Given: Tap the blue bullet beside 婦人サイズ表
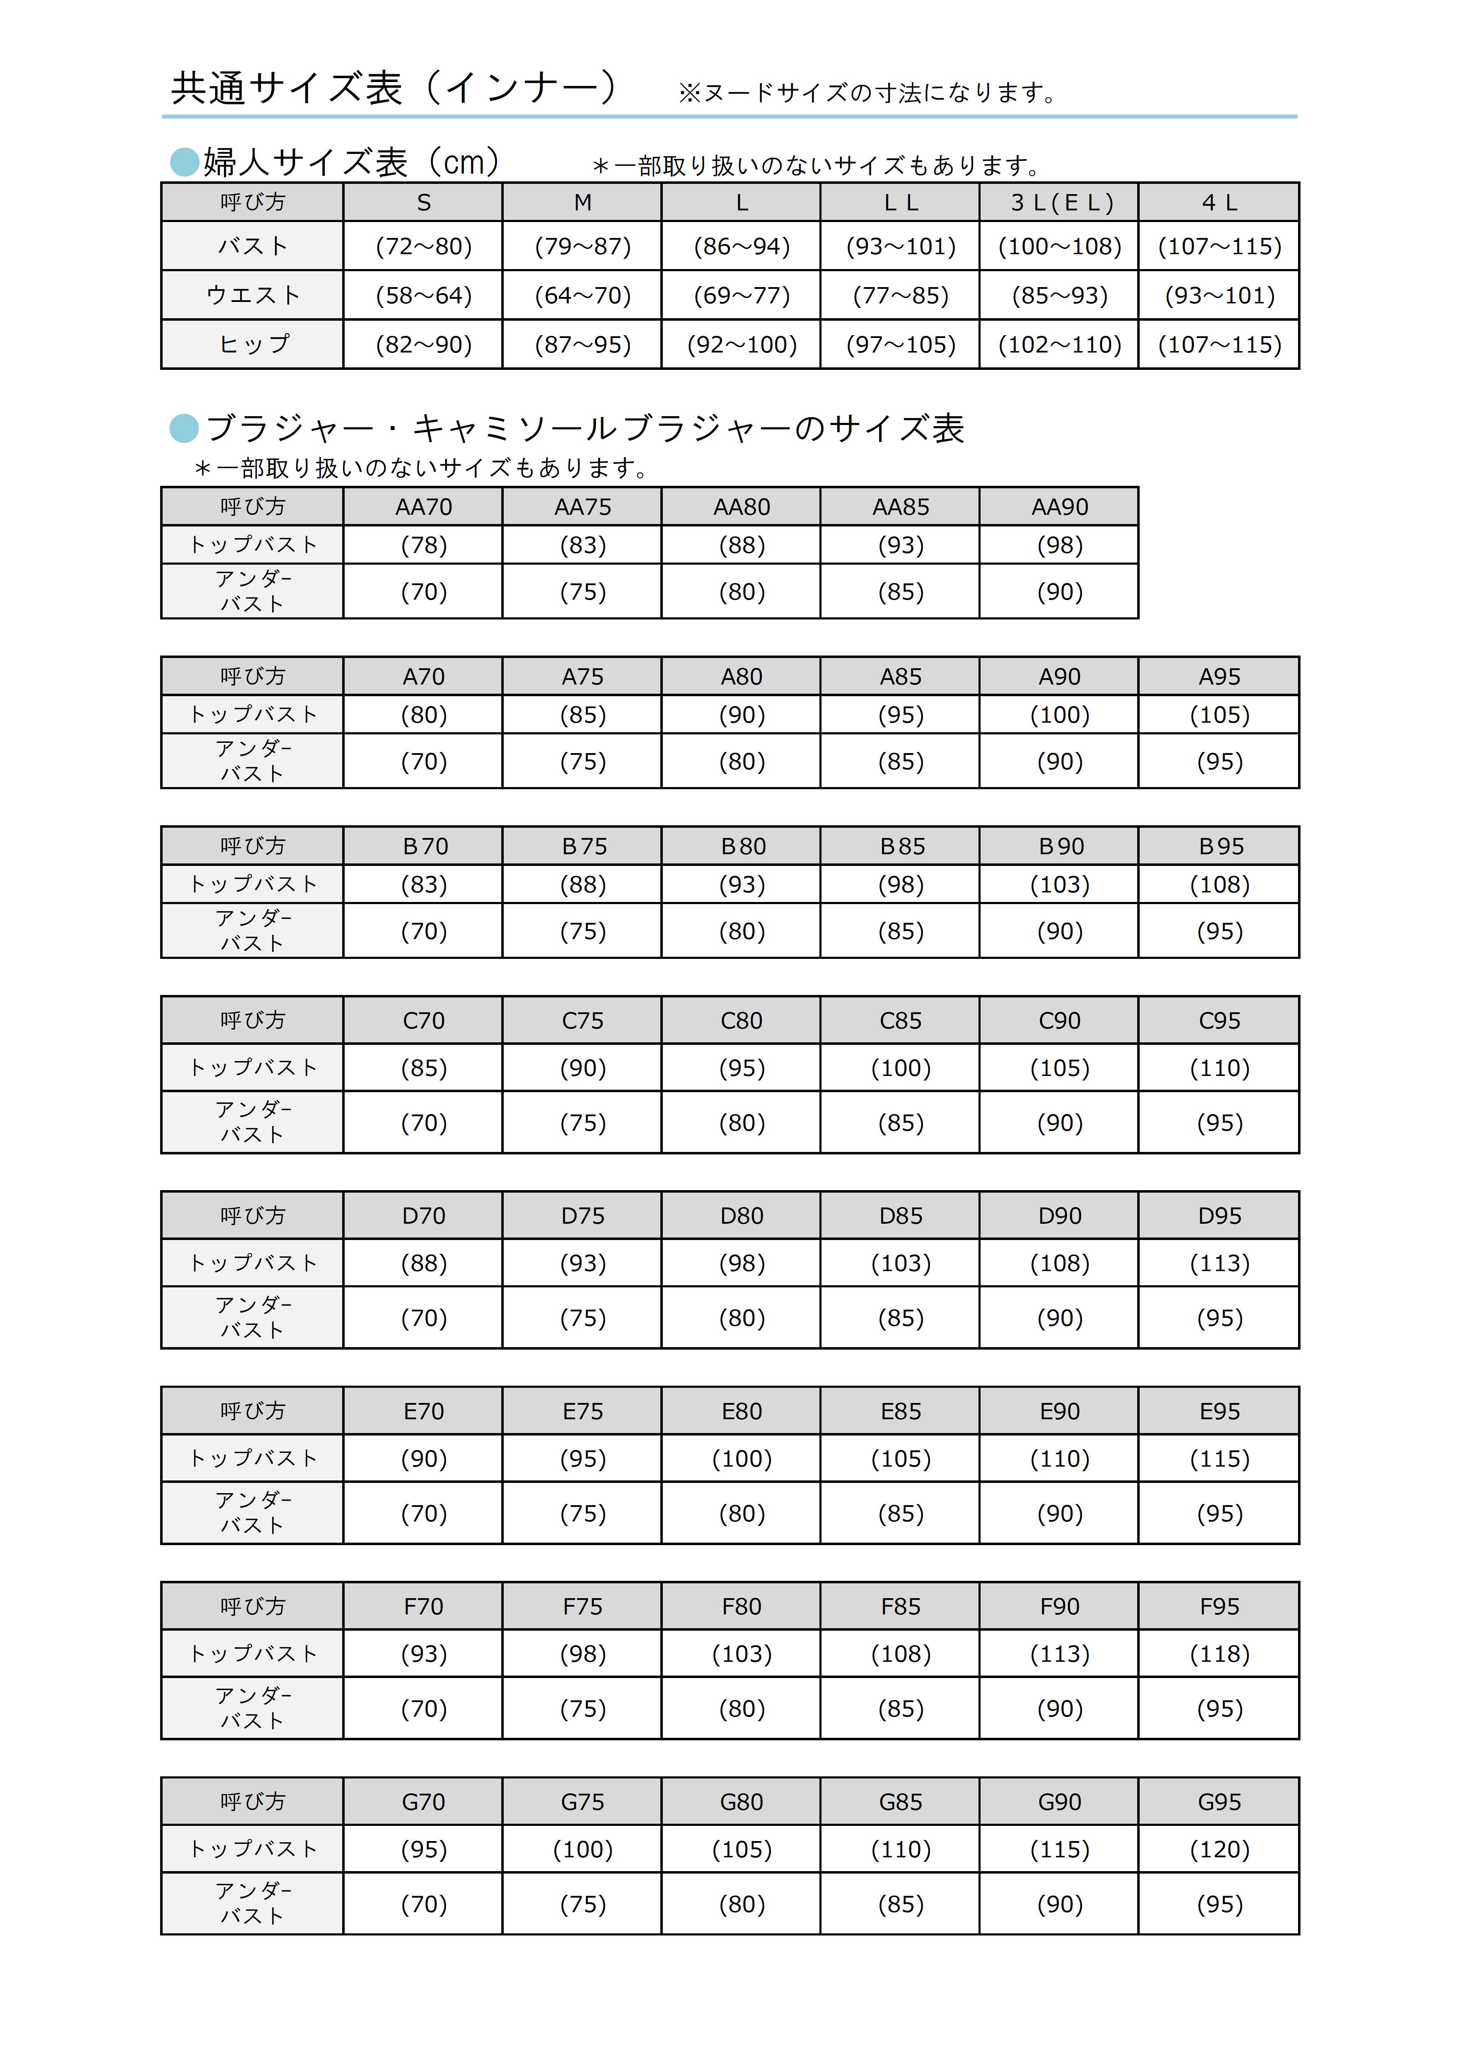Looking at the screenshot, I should (x=185, y=162).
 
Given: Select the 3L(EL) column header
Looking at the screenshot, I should (x=1059, y=203).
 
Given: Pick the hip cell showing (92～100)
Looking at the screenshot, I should (x=742, y=345).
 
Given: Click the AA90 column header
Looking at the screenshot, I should (x=1059, y=507).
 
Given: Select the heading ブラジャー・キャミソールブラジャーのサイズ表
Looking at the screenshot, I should (x=585, y=429).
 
